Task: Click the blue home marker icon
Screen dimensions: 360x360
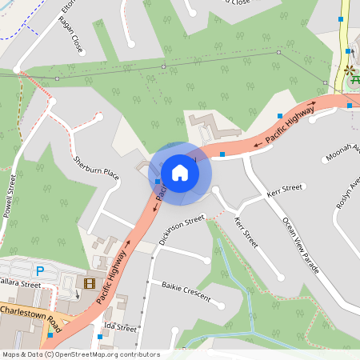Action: (x=180, y=173)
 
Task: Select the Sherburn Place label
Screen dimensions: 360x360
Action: (x=96, y=167)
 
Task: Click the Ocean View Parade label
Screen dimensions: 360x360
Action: (x=301, y=245)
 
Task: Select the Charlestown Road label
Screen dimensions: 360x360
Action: (x=30, y=313)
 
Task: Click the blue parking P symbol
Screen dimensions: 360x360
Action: (x=40, y=271)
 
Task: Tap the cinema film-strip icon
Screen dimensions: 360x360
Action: (x=88, y=282)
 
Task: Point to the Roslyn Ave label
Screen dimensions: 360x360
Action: (x=348, y=192)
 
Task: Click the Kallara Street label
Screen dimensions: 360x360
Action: (x=19, y=284)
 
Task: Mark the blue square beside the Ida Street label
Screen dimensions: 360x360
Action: (x=99, y=337)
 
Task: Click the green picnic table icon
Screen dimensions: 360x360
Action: (x=354, y=82)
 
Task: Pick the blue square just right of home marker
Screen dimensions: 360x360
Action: (x=222, y=154)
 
